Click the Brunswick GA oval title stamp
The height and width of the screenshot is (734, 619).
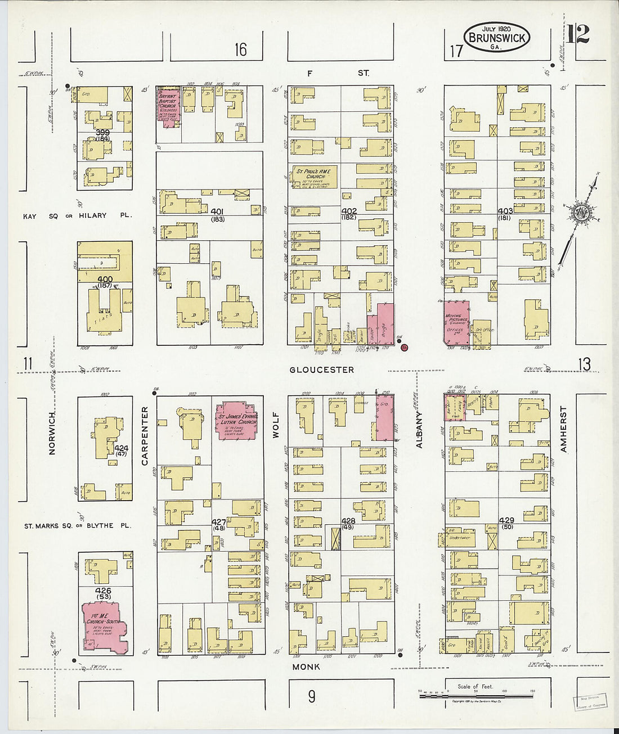[x=496, y=38]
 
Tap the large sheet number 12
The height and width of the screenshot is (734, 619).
[x=577, y=34]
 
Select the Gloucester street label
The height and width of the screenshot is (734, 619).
[x=322, y=370]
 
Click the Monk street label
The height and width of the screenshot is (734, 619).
[x=306, y=667]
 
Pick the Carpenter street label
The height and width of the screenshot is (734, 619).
[x=145, y=435]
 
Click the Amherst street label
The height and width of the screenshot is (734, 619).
[x=563, y=429]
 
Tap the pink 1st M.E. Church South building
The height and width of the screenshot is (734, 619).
[x=105, y=627]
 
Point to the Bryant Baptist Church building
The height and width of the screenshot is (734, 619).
[x=168, y=107]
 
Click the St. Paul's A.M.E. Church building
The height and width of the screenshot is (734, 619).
[x=314, y=177]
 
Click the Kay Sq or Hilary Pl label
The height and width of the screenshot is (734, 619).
[x=77, y=215]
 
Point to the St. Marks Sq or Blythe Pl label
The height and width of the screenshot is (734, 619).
[x=77, y=526]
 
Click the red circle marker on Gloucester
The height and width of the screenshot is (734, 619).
[x=404, y=348]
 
